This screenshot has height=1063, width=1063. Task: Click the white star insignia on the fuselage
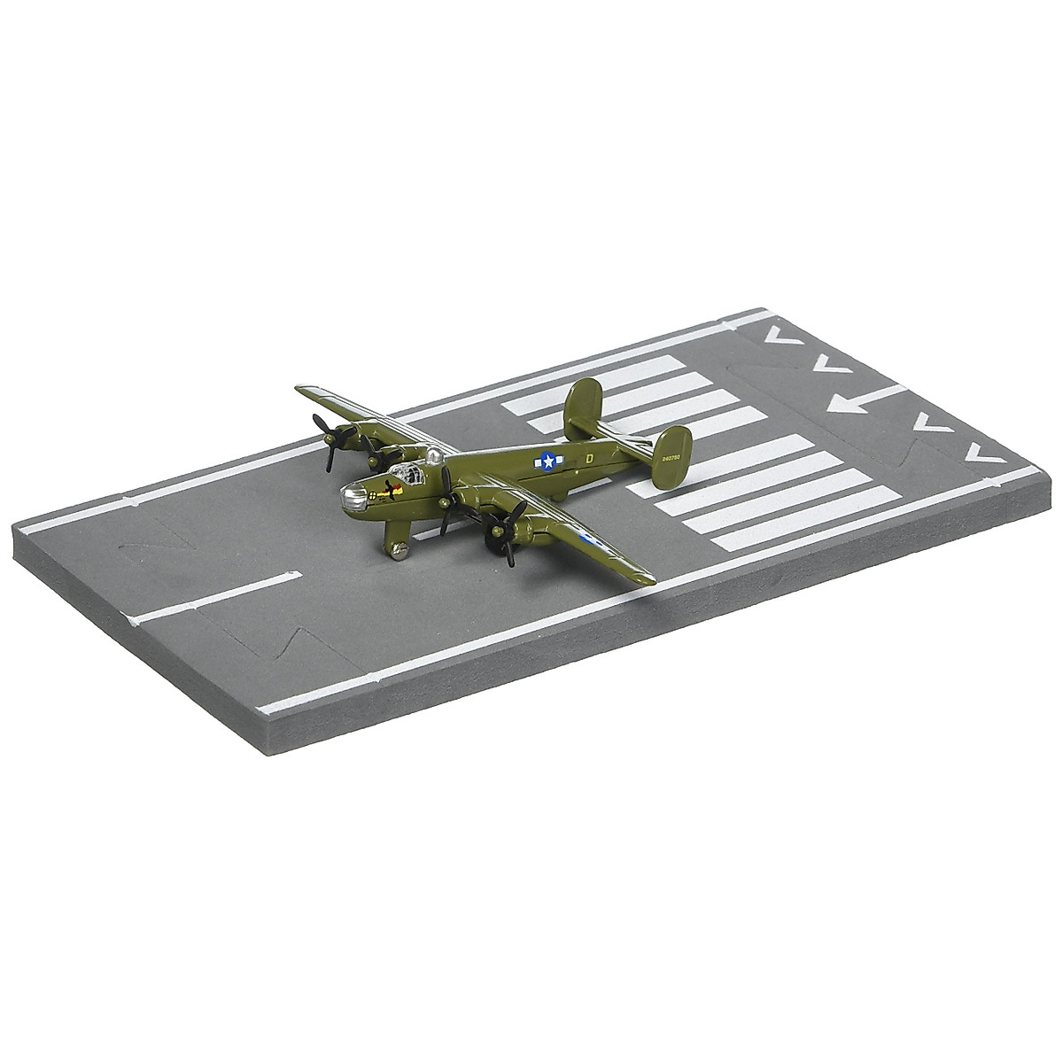click(549, 461)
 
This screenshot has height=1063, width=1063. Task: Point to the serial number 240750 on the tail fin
click(671, 462)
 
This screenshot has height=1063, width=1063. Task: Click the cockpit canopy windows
click(402, 470)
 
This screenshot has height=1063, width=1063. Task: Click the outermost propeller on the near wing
click(502, 537)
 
